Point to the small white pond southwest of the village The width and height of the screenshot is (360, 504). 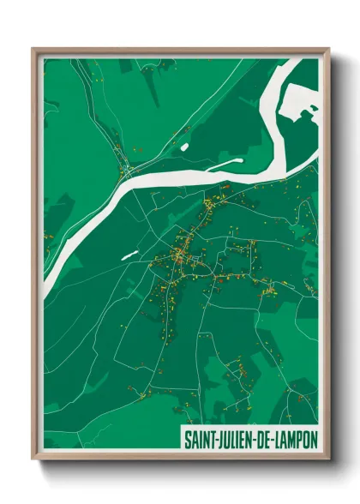(x=129, y=255)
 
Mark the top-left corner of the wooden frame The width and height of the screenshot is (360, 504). (x=33, y=49)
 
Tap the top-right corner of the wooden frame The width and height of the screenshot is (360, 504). (x=328, y=49)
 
